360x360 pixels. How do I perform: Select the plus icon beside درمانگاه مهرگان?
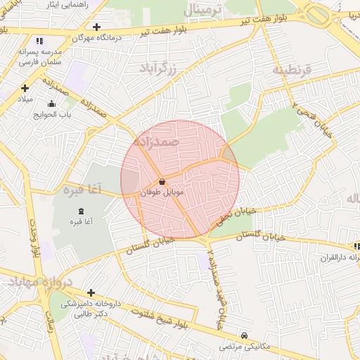[x=96, y=27]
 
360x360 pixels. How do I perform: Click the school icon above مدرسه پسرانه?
[x=39, y=41]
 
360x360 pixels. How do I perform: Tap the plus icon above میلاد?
[x=25, y=88]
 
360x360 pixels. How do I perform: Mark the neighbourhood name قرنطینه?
[x=289, y=70]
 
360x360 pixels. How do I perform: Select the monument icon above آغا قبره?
[x=79, y=211]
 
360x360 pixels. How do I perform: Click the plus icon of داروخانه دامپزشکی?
[x=91, y=292]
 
